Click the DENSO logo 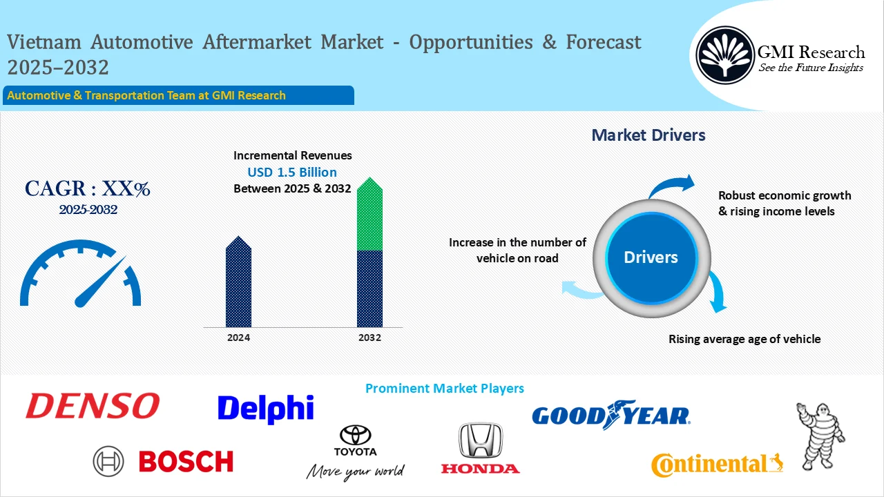pyautogui.click(x=93, y=406)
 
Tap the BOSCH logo pyautogui.click(x=164, y=461)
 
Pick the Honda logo pyautogui.click(x=481, y=449)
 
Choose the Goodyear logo pyautogui.click(x=611, y=415)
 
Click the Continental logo pyautogui.click(x=716, y=464)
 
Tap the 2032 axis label pyautogui.click(x=369, y=338)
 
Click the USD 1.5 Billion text pyautogui.click(x=292, y=172)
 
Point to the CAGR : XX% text pyautogui.click(x=88, y=188)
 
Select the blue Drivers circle pyautogui.click(x=651, y=257)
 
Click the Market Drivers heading pyautogui.click(x=648, y=135)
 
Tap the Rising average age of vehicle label pyautogui.click(x=744, y=339)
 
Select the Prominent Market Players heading pyautogui.click(x=444, y=389)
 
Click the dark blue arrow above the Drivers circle pyautogui.click(x=671, y=186)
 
